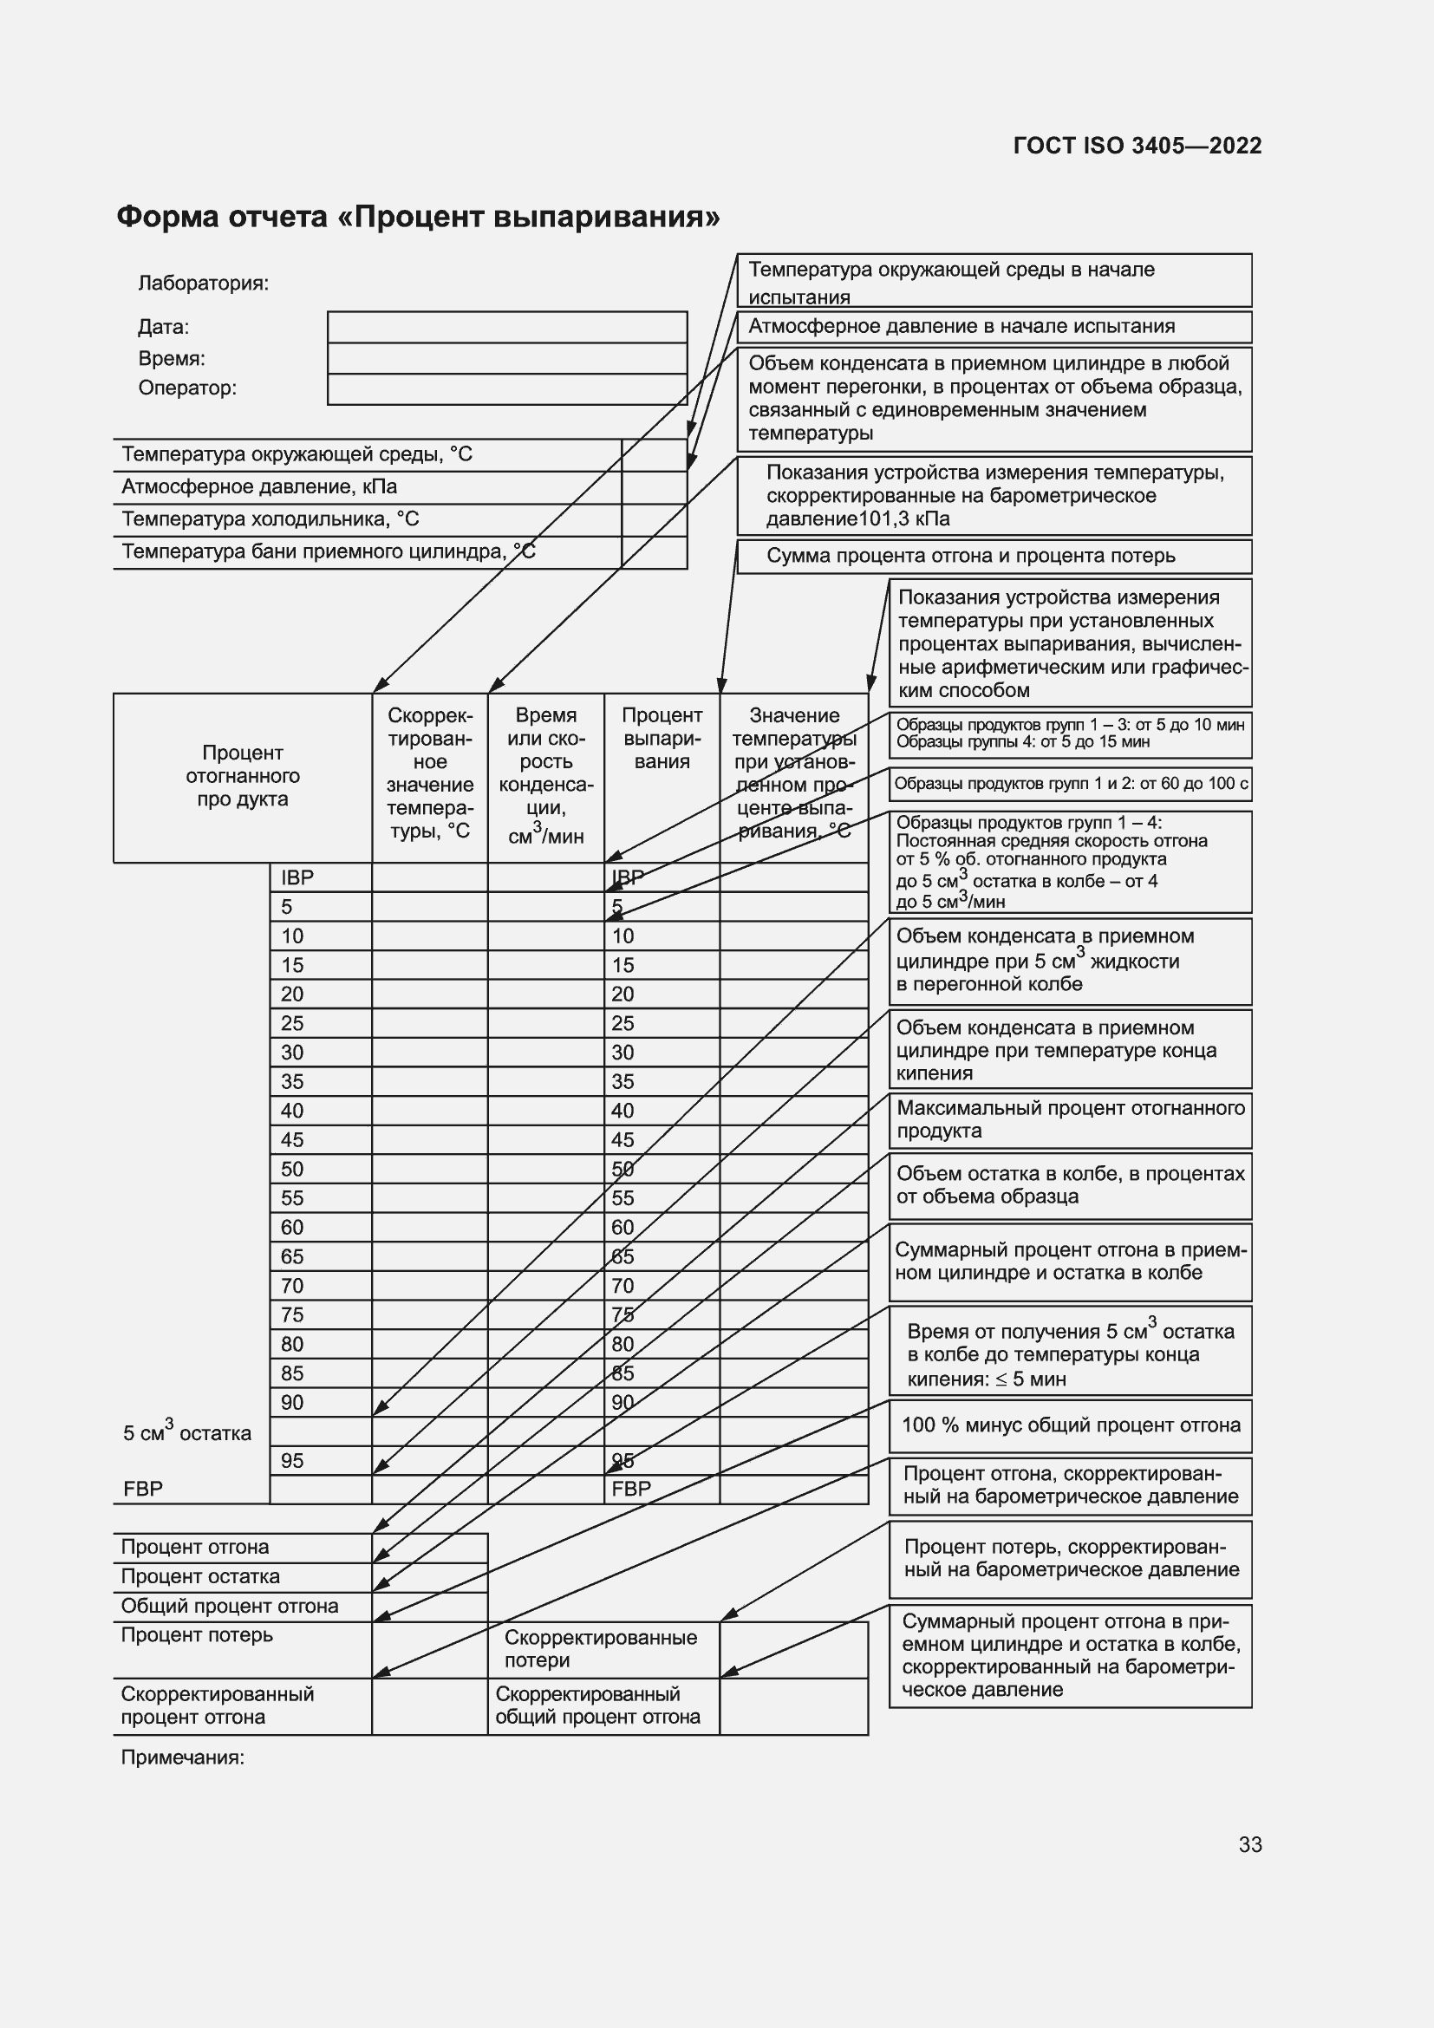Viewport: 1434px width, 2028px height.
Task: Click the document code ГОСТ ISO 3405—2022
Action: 1137,146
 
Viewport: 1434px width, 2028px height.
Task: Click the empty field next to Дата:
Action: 507,327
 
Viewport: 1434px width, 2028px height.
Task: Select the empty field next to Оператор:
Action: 507,389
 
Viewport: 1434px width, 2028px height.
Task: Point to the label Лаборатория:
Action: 203,284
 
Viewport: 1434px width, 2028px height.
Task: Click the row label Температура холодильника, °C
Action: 271,519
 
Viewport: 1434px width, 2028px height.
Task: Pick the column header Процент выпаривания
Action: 662,739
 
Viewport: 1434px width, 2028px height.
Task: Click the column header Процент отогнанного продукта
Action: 242,776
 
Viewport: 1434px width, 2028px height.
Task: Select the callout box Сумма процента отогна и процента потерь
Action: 994,557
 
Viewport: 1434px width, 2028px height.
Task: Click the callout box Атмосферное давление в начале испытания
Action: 994,327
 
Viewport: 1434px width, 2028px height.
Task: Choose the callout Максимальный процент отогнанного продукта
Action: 1069,1120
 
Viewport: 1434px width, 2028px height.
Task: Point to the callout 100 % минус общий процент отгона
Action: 1069,1425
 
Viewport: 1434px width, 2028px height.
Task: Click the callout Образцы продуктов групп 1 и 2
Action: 1069,785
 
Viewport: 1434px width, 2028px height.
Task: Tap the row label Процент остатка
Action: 200,1576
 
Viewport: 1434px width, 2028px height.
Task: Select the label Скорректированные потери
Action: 601,1649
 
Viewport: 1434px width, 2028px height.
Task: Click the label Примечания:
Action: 182,1757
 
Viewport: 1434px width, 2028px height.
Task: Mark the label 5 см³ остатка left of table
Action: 186,1432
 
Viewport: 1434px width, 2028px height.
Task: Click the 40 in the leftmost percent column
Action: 291,1112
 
